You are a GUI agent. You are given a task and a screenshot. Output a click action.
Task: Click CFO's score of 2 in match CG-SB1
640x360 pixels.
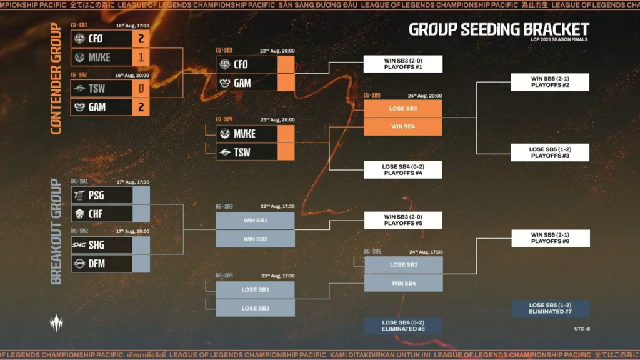[x=141, y=39]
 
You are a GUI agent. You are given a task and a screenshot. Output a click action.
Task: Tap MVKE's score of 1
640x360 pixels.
[x=141, y=57]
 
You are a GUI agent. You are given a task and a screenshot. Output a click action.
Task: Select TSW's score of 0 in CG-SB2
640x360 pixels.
[x=141, y=89]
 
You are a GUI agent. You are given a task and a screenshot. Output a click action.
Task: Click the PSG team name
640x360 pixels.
[x=96, y=195]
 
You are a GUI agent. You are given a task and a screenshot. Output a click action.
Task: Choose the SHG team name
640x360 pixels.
[x=96, y=245]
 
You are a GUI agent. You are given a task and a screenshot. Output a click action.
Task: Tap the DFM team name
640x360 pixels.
[x=96, y=264]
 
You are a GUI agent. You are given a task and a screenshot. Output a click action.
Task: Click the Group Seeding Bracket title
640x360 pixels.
[x=499, y=29]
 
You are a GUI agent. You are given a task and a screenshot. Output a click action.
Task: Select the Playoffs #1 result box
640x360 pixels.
[x=403, y=64]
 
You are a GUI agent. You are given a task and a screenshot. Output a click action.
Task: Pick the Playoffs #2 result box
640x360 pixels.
[x=550, y=82]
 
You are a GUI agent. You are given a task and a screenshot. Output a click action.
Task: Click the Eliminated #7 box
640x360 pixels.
[x=550, y=308]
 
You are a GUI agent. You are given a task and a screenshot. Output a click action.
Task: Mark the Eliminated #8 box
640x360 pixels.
[x=403, y=326]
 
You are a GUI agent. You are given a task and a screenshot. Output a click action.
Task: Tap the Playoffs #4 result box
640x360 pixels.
[x=403, y=170]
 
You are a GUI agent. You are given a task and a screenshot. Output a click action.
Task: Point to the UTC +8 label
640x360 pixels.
[x=582, y=328]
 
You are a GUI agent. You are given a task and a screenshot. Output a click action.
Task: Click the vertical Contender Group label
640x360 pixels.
[x=55, y=79]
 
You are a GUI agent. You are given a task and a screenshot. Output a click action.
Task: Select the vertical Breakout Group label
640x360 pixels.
[x=55, y=231]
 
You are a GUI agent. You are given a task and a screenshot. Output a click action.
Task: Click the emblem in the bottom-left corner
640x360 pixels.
[x=57, y=322]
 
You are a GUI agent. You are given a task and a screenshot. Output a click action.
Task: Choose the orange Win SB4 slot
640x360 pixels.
[x=403, y=127]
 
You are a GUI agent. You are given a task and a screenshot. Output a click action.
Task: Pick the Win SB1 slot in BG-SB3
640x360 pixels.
[x=255, y=221]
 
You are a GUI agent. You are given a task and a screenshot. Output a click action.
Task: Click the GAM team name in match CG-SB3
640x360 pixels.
[x=242, y=82]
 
